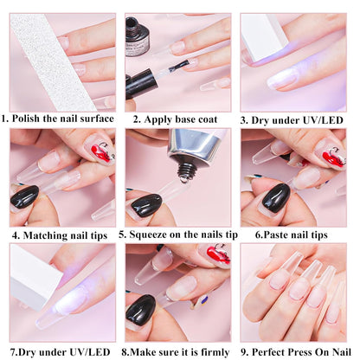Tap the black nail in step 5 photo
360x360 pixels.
145,204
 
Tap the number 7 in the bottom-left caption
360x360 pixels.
13,351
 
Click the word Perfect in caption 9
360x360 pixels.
273,351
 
